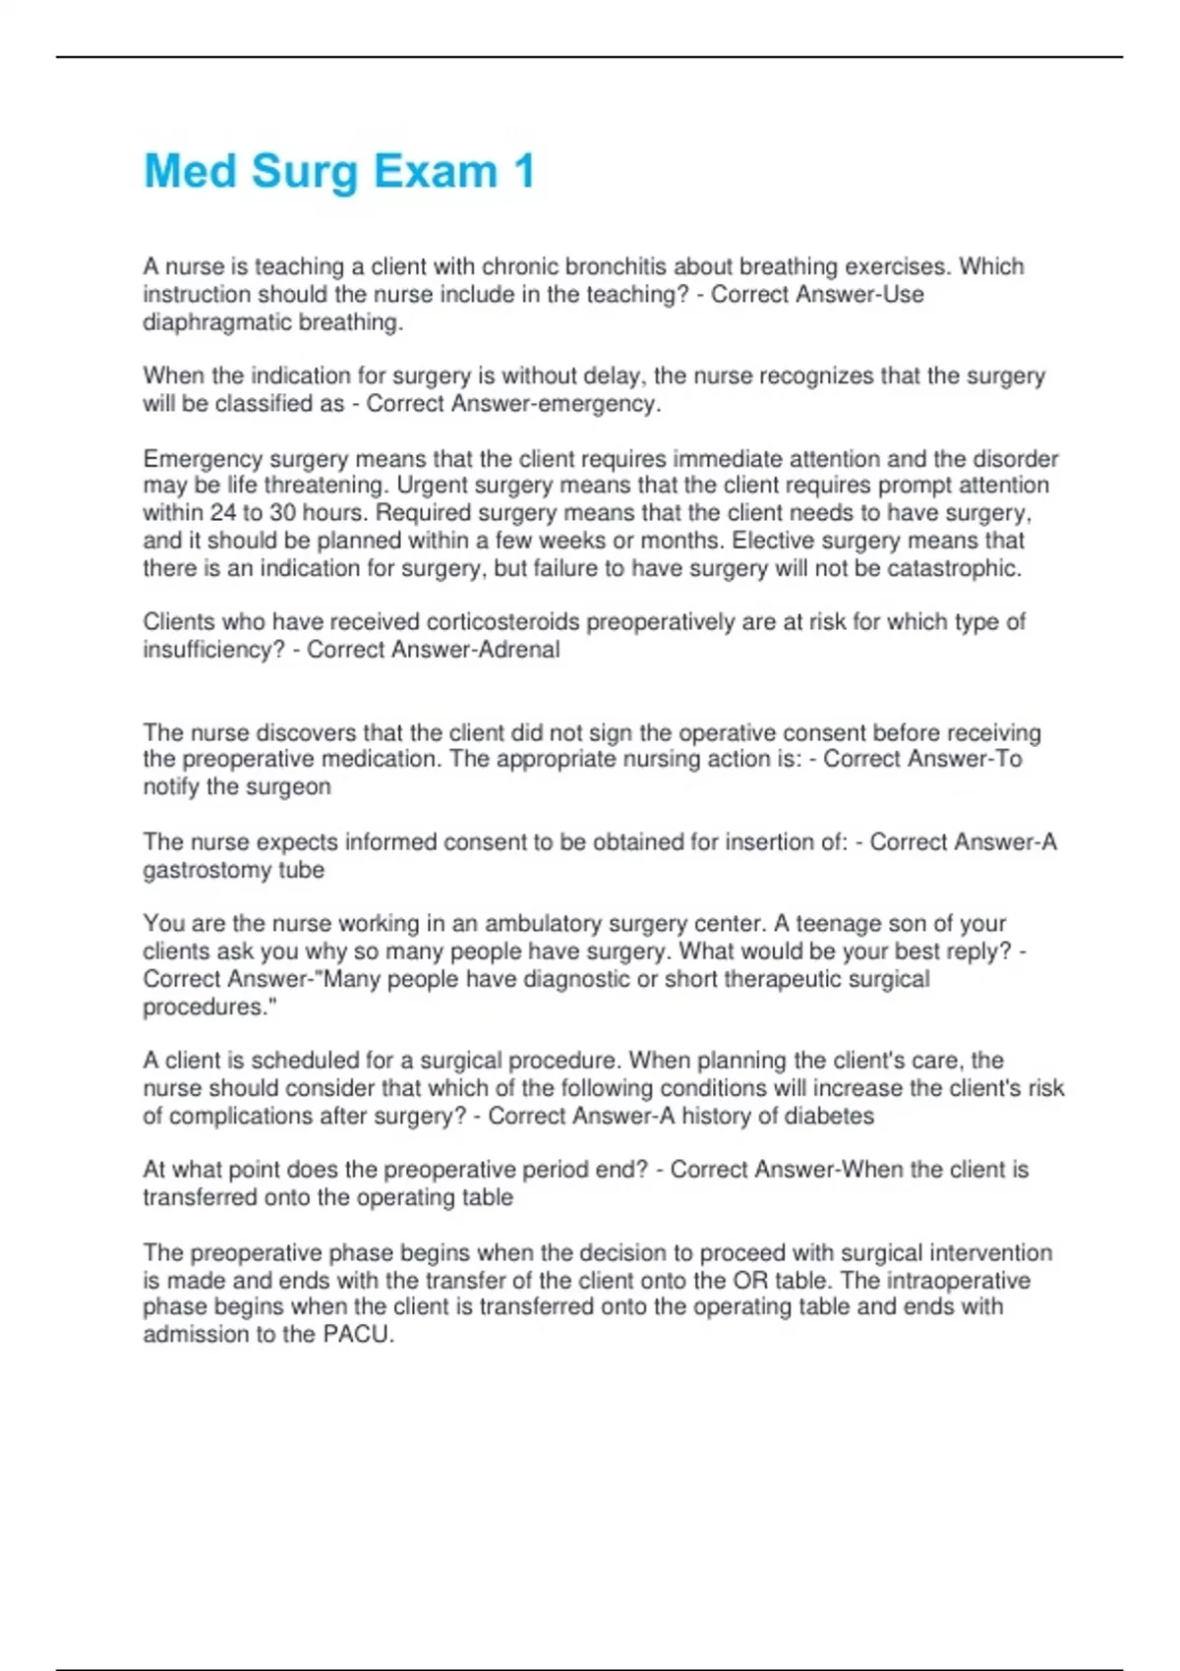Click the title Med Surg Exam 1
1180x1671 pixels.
click(339, 171)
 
